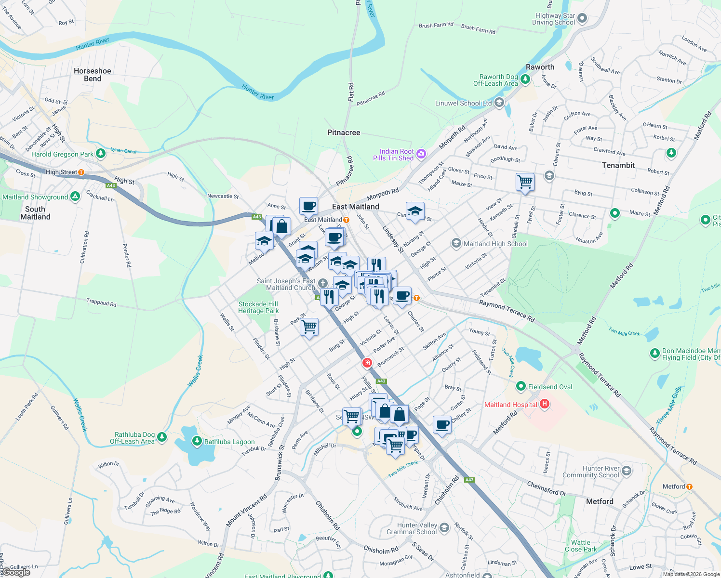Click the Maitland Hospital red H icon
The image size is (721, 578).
545,404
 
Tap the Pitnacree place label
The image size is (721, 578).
344,132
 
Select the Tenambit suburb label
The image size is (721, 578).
618,165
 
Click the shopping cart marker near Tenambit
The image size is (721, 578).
525,183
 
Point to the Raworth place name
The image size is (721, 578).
540,67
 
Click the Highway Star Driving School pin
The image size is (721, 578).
582,19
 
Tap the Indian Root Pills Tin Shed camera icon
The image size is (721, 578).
421,154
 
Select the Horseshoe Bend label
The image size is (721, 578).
93,75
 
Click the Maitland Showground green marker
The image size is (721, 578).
75,197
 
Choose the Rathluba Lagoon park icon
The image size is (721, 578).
197,441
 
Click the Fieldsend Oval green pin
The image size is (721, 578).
521,386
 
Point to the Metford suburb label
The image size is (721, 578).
600,501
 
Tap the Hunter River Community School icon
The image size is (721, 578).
627,471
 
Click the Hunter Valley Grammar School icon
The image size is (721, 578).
444,528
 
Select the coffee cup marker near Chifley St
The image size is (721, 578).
442,425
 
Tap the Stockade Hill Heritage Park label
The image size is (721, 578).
258,307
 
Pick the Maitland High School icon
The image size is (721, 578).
456,244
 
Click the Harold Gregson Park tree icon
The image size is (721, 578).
100,154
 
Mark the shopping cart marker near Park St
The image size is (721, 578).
309,327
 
